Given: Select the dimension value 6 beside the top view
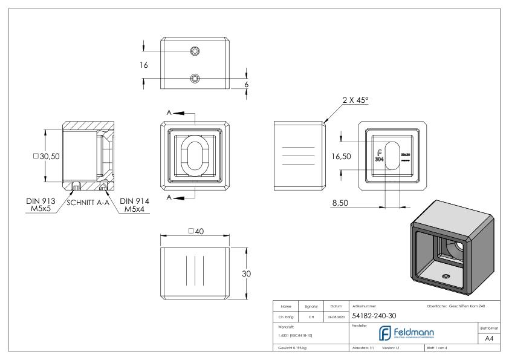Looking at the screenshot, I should point(246,85).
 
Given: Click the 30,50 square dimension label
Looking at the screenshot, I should point(46,155).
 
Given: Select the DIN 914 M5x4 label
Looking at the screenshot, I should point(134,205).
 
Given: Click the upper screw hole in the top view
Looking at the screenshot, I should point(195,50).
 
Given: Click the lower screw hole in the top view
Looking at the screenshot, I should point(195,78).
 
